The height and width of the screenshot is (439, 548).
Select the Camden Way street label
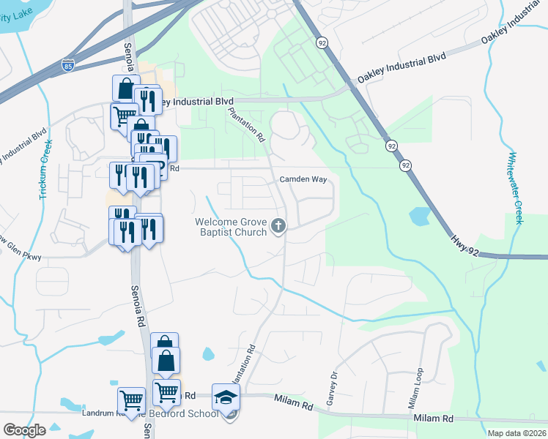[302, 179]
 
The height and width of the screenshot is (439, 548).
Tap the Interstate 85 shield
[68, 64]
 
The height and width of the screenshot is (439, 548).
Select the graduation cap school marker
[226, 397]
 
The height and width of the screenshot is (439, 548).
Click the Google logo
[24, 430]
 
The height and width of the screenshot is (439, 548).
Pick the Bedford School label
[193, 414]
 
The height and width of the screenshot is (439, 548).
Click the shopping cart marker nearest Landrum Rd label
[131, 399]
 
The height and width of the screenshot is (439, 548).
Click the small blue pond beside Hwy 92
[420, 217]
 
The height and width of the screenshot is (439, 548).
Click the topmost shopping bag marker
[126, 89]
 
